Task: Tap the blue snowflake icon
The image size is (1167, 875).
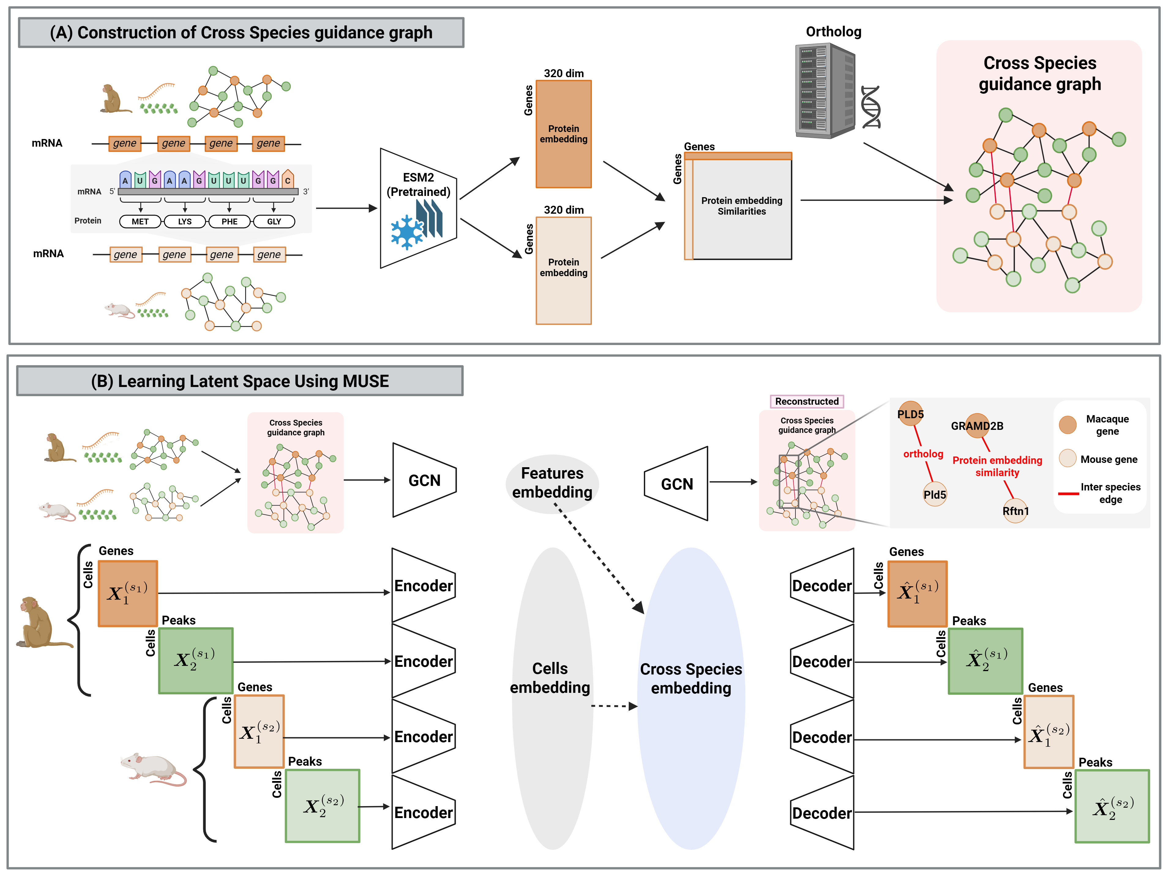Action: pos(407,232)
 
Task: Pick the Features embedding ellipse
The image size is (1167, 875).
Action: pos(552,483)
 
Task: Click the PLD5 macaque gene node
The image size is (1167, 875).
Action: pos(910,414)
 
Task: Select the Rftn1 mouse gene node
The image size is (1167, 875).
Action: pos(1016,510)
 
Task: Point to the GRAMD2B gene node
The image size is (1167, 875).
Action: pos(977,425)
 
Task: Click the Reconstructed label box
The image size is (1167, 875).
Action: pos(807,401)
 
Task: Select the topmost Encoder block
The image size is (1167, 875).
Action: pos(424,586)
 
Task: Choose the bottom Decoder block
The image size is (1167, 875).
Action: pos(822,813)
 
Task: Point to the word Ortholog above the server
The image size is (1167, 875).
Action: pos(834,32)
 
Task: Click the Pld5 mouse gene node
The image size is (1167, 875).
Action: pos(935,494)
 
